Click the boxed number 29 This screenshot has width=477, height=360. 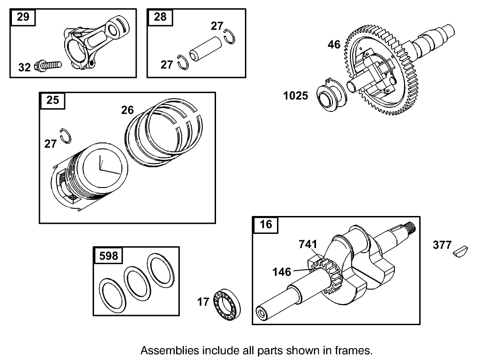pyautogui.click(x=22, y=17)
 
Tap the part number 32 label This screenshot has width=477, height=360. pyautogui.click(x=24, y=67)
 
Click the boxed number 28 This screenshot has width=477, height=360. pyautogui.click(x=160, y=17)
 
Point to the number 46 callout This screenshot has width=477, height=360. pyautogui.click(x=334, y=44)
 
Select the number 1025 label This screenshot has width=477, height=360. pyautogui.click(x=296, y=95)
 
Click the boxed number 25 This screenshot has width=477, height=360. pyautogui.click(x=53, y=100)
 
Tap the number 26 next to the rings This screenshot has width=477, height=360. pyautogui.click(x=128, y=110)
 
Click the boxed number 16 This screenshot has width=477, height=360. pyautogui.click(x=266, y=224)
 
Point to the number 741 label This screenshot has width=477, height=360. pyautogui.click(x=308, y=244)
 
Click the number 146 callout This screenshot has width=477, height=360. pyautogui.click(x=282, y=272)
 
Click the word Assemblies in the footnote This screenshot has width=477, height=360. pyautogui.click(x=166, y=351)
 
